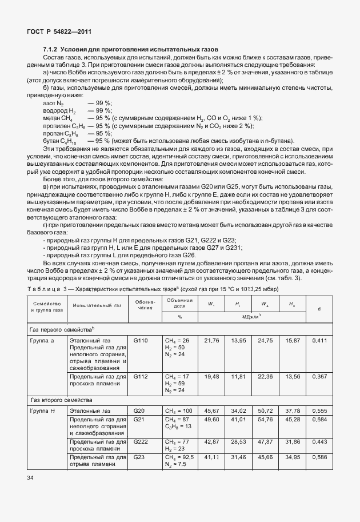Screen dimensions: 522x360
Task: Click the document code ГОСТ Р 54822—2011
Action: [x=59, y=31]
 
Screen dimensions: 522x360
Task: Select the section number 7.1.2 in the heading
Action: [x=51, y=50]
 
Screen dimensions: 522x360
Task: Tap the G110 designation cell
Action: [x=141, y=340]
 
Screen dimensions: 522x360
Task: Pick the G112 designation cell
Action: [x=141, y=377]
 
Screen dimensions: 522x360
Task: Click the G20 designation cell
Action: [x=139, y=411]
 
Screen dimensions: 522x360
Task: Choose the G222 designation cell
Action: [x=141, y=442]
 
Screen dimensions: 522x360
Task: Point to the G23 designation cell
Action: [x=139, y=457]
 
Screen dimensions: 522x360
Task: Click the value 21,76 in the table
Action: [x=212, y=340]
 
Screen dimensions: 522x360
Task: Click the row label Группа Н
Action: [x=43, y=411]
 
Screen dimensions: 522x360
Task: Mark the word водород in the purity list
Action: [x=55, y=110]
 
